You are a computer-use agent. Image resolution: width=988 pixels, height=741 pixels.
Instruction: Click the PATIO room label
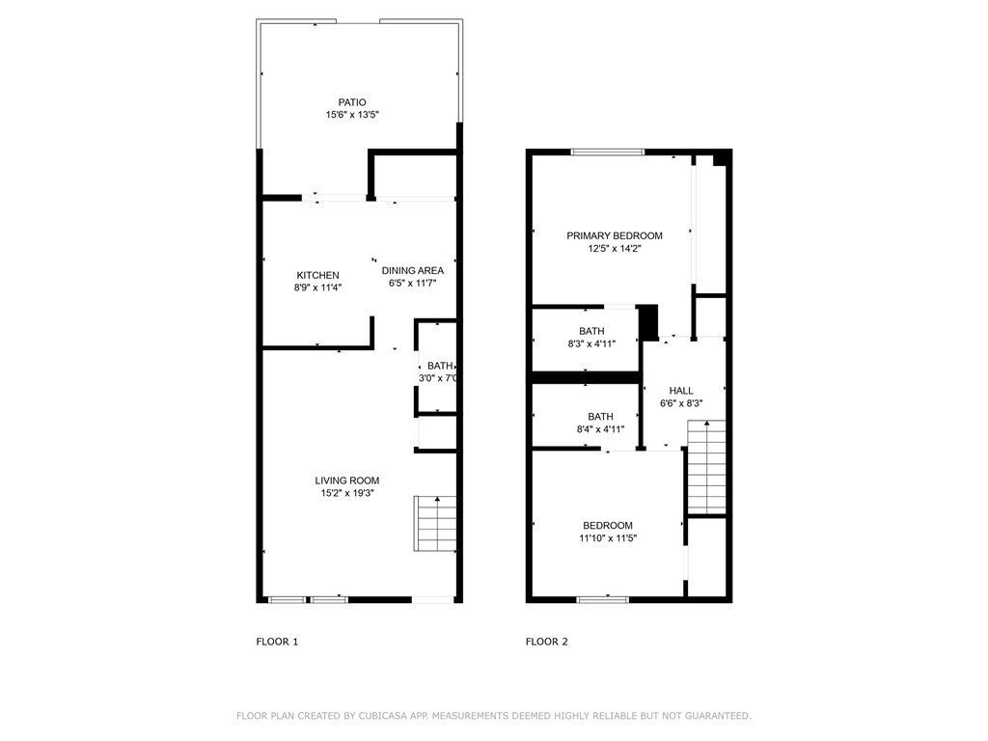point(351,102)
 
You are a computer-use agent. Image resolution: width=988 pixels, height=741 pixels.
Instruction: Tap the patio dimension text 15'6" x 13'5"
point(351,116)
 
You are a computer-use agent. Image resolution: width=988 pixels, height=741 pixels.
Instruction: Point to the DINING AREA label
point(412,270)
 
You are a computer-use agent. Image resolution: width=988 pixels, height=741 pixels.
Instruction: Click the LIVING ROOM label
point(347,480)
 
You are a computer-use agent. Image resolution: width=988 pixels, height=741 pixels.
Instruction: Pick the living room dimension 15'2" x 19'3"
point(347,493)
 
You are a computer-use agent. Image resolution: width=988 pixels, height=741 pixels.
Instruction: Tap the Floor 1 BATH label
point(440,366)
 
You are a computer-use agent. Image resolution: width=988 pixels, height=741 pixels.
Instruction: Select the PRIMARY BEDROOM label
point(615,235)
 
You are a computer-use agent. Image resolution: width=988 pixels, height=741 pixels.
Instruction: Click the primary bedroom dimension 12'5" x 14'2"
point(615,248)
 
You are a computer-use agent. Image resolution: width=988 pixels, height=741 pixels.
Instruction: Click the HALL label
point(681,391)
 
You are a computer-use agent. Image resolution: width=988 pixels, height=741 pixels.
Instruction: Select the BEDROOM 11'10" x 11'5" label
point(608,525)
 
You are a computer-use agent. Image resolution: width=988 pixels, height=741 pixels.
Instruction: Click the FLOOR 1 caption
point(277,642)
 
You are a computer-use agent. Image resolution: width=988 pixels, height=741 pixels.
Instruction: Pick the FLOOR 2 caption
point(547,642)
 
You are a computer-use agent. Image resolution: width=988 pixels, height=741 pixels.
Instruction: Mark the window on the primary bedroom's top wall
point(607,151)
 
